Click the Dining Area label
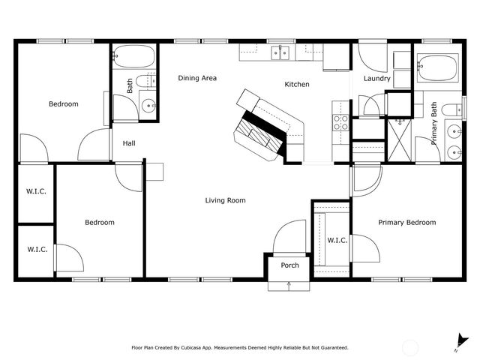(x=197, y=77)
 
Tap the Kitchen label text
(x=296, y=85)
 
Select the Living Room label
(x=226, y=200)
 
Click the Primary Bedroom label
(x=406, y=222)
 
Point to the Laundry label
(x=376, y=79)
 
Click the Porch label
(x=289, y=265)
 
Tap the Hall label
(x=129, y=144)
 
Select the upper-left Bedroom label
(x=63, y=104)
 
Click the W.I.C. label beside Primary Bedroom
(x=337, y=240)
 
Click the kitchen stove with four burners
(x=340, y=122)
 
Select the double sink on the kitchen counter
(x=281, y=52)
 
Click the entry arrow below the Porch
(x=289, y=284)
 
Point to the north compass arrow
(x=457, y=342)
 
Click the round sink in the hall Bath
(x=148, y=106)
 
